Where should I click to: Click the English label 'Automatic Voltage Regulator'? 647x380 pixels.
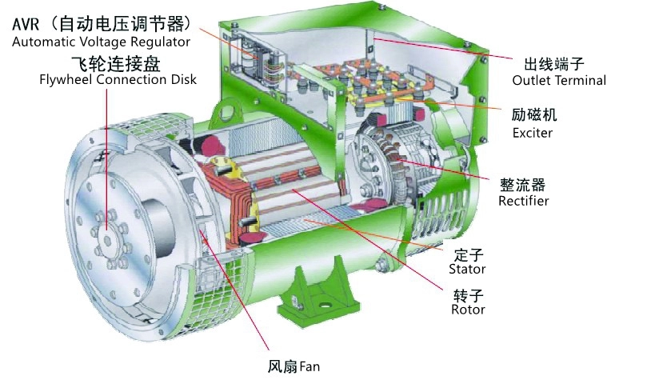pyautogui.click(x=101, y=42)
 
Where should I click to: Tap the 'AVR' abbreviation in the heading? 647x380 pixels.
pyautogui.click(x=26, y=24)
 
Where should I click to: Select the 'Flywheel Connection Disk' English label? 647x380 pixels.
pyautogui.click(x=118, y=79)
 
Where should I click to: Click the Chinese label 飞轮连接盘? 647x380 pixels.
pyautogui.click(x=116, y=63)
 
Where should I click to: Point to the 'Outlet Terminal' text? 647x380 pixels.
pyautogui.click(x=559, y=80)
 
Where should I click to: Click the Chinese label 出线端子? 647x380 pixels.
pyautogui.click(x=553, y=64)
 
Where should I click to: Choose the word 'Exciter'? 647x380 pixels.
pyautogui.click(x=533, y=133)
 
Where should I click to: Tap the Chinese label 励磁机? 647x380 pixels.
pyautogui.click(x=534, y=114)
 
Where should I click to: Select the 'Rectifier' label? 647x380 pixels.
pyautogui.click(x=524, y=201)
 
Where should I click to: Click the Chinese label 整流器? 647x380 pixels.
pyautogui.click(x=523, y=185)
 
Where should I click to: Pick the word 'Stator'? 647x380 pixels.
pyautogui.click(x=467, y=269)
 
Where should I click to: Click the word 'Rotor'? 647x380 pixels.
pyautogui.click(x=468, y=310)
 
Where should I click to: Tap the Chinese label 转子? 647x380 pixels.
pyautogui.click(x=469, y=295)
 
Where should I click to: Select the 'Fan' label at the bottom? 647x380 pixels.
pyautogui.click(x=310, y=366)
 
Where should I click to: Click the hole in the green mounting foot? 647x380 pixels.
pyautogui.click(x=325, y=306)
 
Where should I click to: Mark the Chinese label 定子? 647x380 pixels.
pyautogui.click(x=469, y=255)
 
